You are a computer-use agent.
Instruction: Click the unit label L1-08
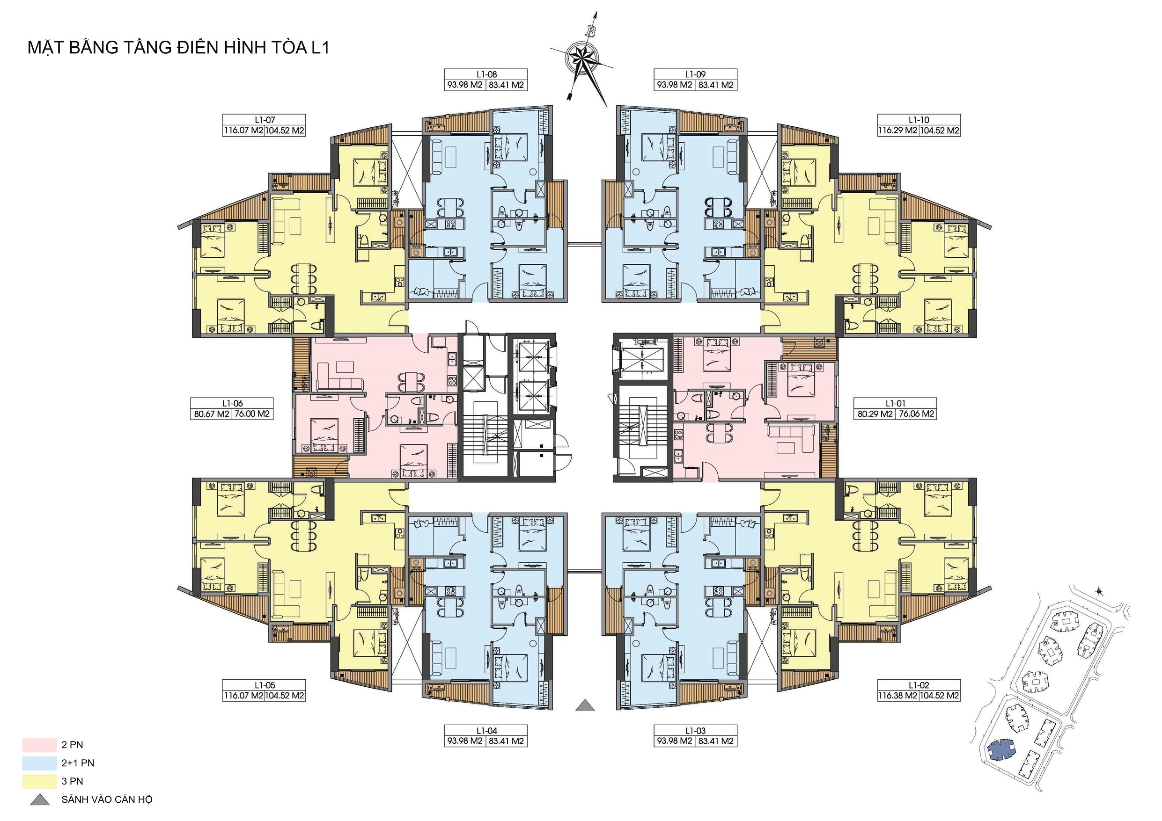coord(486,74)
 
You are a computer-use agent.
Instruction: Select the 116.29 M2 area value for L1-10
coord(897,131)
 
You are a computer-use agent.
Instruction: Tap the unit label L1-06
coord(232,403)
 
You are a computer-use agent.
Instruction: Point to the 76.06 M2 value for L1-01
coord(916,414)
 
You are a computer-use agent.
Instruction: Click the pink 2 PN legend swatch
coord(39,745)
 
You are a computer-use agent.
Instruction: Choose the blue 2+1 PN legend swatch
coord(39,763)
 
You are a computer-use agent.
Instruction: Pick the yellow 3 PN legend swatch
coord(39,781)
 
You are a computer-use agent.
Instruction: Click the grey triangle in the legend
coord(40,800)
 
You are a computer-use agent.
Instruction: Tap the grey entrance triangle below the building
coord(585,705)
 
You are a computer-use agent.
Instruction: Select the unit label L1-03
coord(695,730)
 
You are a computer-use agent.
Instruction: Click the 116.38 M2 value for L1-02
coord(897,696)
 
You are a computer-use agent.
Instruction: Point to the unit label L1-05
coord(265,685)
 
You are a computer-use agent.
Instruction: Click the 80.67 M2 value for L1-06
coord(212,414)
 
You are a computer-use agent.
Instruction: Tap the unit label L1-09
coord(695,74)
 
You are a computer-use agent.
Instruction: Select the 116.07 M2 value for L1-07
coord(243,131)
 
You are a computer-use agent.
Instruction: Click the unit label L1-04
coord(486,730)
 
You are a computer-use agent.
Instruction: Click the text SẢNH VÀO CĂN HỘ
coord(107,800)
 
